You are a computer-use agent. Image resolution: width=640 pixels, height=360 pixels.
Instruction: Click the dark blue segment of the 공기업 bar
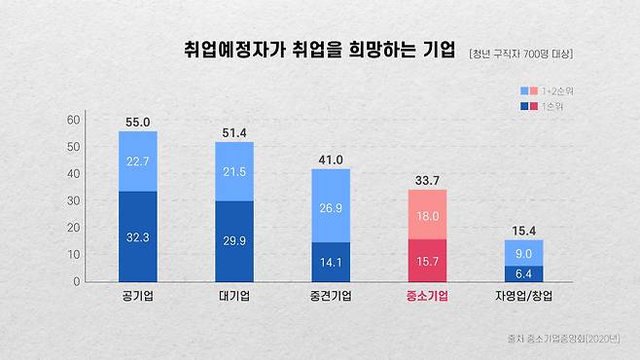point(138,235)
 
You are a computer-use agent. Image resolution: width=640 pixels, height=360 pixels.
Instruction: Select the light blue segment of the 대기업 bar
point(234,171)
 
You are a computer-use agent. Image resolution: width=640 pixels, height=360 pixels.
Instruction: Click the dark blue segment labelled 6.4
point(523,273)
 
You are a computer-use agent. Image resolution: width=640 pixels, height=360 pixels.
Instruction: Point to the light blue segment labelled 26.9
point(331,205)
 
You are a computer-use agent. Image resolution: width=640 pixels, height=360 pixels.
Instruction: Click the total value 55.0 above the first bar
point(138,123)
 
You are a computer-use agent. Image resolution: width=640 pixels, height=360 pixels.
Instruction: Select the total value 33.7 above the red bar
point(427,179)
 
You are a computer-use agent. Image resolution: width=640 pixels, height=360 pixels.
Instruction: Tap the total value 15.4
point(523,230)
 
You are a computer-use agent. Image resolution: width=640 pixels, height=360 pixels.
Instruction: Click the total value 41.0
point(331,160)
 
